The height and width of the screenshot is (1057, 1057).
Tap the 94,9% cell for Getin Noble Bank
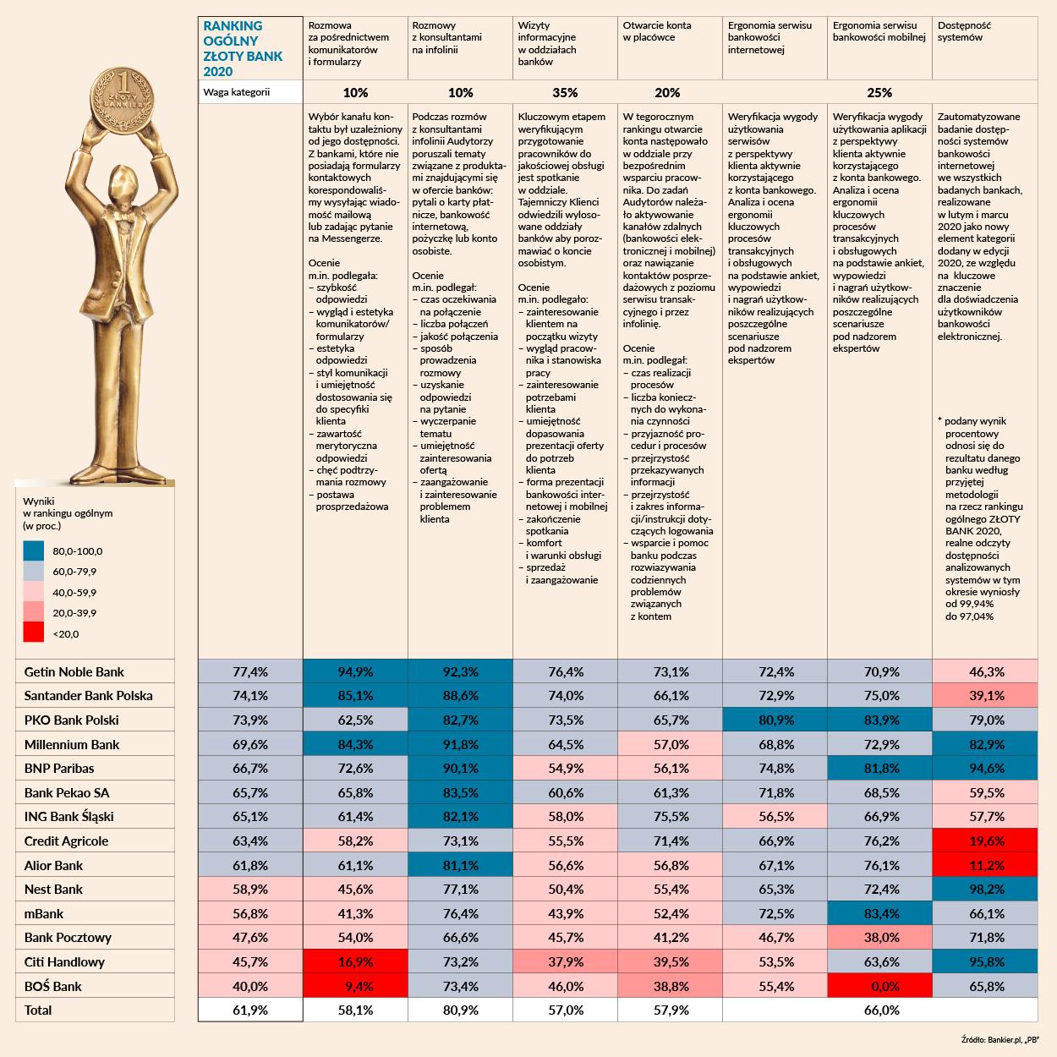click(355, 672)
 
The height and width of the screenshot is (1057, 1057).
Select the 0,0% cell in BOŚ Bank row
click(879, 987)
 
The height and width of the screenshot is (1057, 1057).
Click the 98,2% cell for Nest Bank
click(984, 890)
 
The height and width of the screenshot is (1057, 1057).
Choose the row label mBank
click(44, 914)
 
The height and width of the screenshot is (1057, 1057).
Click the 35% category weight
click(565, 92)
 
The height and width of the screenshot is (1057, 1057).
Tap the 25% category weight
click(879, 92)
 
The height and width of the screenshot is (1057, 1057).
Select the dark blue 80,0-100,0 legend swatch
click(33, 550)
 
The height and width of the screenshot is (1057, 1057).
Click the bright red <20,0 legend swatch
click(33, 633)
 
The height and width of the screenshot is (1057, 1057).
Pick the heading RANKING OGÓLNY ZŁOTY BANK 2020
click(233, 48)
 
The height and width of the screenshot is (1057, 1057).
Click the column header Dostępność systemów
click(964, 31)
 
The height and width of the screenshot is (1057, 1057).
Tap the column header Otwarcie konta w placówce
click(657, 31)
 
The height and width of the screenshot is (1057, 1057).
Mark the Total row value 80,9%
click(460, 1010)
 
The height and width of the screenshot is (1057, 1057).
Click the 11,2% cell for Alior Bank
click(984, 866)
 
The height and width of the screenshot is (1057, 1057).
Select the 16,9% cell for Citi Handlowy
click(355, 962)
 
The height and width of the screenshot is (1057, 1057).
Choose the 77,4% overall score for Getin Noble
click(250, 672)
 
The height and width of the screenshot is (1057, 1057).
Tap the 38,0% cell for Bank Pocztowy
click(879, 938)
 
